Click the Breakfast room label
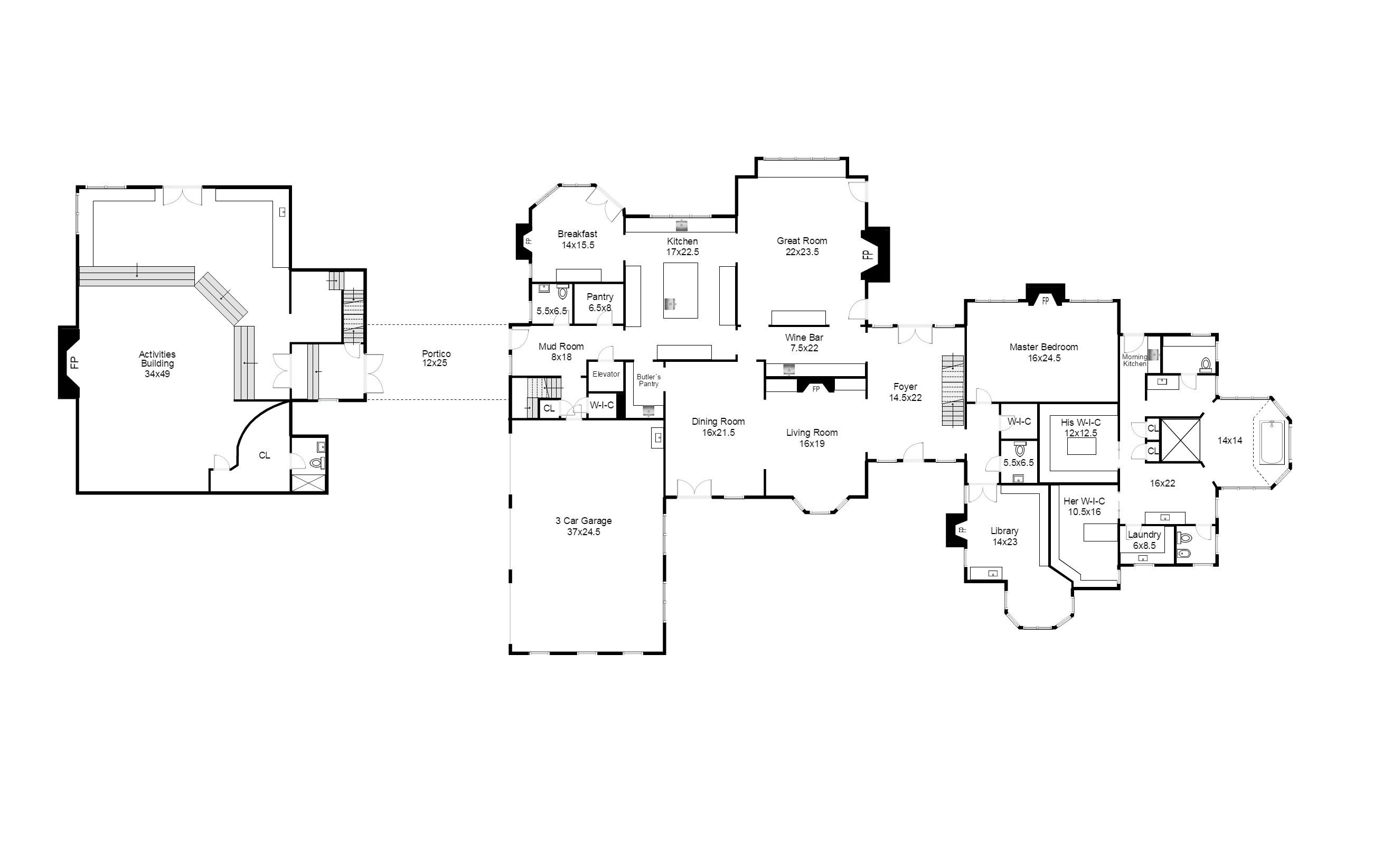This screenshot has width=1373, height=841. click(577, 234)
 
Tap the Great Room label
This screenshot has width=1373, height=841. click(802, 241)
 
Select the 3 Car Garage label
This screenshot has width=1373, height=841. click(584, 520)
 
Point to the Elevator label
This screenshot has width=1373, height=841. click(606, 374)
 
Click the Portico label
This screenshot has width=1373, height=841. click(436, 353)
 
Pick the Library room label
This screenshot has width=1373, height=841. click(1005, 531)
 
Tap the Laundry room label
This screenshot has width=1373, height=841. click(1144, 535)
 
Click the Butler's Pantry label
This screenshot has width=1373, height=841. click(648, 381)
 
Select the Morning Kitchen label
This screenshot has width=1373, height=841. click(1134, 361)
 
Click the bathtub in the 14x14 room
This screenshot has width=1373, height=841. click(1272, 443)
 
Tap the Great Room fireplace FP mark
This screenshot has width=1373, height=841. click(867, 255)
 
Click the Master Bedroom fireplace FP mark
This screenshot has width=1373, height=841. click(1046, 301)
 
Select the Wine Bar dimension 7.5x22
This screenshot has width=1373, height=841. click(804, 348)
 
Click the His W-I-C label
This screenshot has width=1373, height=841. click(1080, 423)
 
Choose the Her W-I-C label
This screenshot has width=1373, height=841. click(1084, 501)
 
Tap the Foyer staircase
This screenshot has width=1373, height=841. click(953, 391)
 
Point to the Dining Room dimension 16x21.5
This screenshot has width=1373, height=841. click(718, 433)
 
